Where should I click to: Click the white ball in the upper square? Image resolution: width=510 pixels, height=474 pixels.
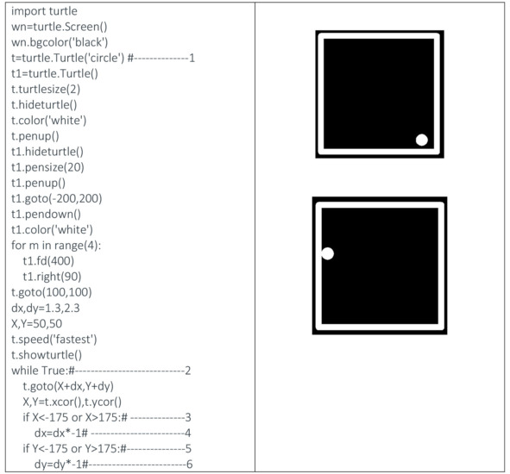click(x=421, y=140)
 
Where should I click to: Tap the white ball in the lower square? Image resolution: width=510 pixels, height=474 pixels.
click(x=328, y=253)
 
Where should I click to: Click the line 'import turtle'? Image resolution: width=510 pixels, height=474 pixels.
click(x=44, y=11)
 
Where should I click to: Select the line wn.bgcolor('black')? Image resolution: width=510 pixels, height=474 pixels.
click(x=60, y=42)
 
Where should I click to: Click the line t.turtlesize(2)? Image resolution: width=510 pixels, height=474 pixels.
click(x=46, y=90)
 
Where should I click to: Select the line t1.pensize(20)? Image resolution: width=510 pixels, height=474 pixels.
click(x=47, y=167)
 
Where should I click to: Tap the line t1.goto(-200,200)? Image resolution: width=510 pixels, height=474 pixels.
click(x=57, y=198)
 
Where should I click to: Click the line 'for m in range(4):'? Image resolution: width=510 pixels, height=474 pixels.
click(x=56, y=246)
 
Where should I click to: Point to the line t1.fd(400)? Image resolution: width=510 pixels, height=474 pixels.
click(x=48, y=261)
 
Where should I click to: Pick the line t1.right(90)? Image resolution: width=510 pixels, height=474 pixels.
click(x=52, y=277)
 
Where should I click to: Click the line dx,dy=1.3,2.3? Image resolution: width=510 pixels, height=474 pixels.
click(x=46, y=308)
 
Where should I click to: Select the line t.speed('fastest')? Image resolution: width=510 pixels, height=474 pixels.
click(x=54, y=340)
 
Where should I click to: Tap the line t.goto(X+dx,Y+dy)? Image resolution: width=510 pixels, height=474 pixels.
click(x=68, y=386)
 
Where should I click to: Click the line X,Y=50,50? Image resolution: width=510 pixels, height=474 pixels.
click(x=37, y=323)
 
